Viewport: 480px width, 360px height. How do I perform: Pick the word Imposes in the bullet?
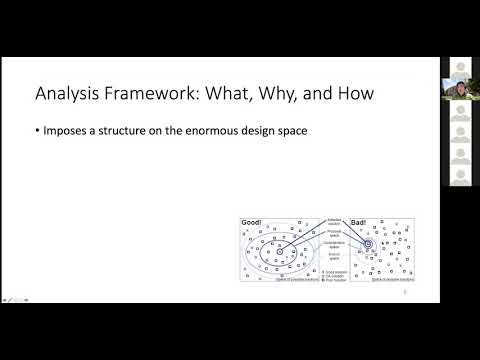66,129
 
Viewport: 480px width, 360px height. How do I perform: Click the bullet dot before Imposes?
38,129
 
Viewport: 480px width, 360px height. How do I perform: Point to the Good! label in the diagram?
250,222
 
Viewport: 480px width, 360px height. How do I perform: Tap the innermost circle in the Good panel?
281,251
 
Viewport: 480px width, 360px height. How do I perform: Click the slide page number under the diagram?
402,296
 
